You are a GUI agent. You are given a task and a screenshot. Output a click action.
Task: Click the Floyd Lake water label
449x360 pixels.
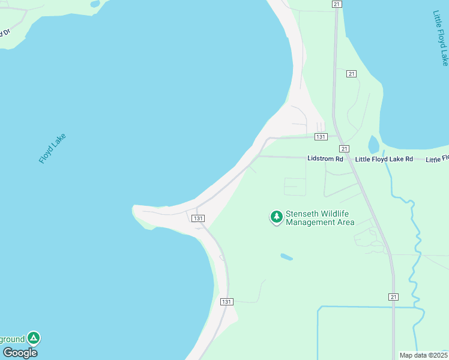pos(52,149)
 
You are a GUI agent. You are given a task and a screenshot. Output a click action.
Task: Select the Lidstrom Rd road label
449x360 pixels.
pos(325,159)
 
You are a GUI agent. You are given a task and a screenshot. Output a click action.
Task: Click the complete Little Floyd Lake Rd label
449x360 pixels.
pos(384,159)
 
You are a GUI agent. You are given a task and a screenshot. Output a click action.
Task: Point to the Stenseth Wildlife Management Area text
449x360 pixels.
pos(320,218)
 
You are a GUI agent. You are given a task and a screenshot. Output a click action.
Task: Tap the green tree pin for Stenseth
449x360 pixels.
pos(276,217)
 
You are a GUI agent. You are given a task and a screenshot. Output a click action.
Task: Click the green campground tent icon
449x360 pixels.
pos(34,338)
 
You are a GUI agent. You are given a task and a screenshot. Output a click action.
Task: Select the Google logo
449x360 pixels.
pos(20,353)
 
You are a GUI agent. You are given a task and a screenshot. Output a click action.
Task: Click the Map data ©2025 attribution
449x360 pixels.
pos(423,355)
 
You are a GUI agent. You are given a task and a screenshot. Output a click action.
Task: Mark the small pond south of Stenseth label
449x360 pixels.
pos(286,257)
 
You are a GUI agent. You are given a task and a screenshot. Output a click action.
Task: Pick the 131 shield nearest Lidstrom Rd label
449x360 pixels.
pos(321,137)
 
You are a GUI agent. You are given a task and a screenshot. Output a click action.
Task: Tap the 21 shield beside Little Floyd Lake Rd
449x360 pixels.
pos(344,148)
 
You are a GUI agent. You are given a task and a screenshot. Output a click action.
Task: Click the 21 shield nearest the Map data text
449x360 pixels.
pos(393,297)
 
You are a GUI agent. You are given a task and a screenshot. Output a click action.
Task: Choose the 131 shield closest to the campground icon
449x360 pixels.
pos(226,301)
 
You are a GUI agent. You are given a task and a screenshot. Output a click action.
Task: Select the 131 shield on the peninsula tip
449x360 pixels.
pos(199,218)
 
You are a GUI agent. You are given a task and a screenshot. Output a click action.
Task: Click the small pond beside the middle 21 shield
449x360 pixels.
pos(373,144)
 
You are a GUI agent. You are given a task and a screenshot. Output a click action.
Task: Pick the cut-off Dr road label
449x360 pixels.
pos(5,31)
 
